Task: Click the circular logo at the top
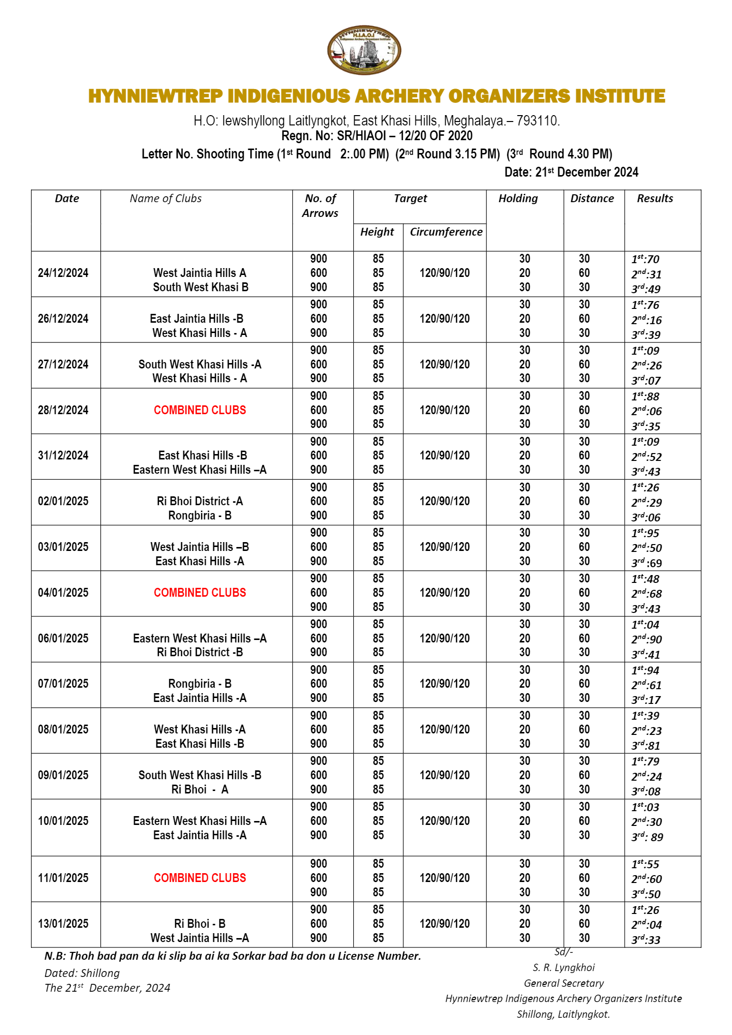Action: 364,50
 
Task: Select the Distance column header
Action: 592,199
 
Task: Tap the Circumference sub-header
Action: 446,232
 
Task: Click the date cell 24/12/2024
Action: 63,273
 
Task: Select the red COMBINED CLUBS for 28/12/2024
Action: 200,410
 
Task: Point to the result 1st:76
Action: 645,305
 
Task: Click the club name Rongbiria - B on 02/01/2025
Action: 200,516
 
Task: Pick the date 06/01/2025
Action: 63,639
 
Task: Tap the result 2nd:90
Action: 646,639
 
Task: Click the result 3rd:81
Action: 645,746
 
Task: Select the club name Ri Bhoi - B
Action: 200,924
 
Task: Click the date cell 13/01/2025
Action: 63,924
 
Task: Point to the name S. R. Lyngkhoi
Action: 564,968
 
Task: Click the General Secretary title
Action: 564,983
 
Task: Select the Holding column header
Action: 518,199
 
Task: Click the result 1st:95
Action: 645,533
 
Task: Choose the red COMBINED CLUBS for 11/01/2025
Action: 200,878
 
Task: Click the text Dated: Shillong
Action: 82,974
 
